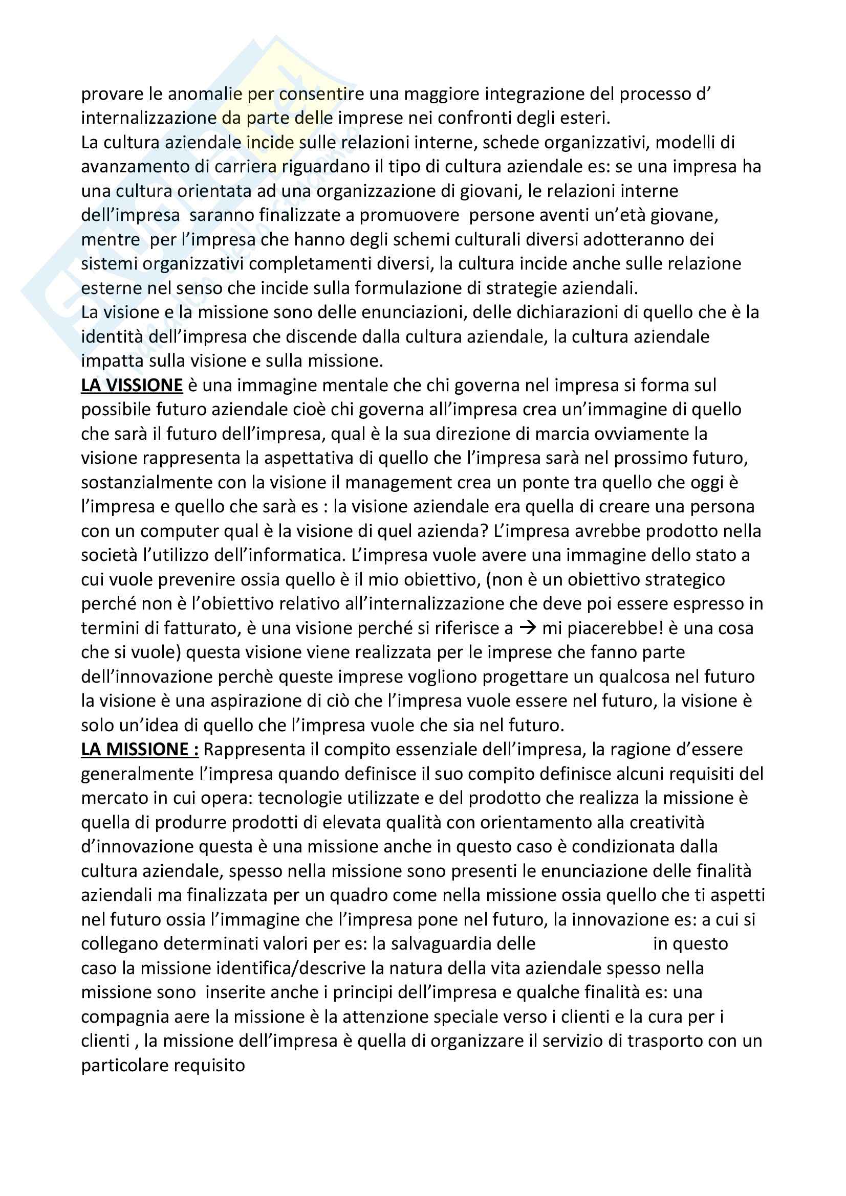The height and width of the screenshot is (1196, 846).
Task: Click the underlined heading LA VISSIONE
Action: pos(132,386)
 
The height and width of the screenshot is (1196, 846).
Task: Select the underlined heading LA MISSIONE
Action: pos(140,750)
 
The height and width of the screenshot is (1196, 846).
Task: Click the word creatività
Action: pos(667,823)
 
